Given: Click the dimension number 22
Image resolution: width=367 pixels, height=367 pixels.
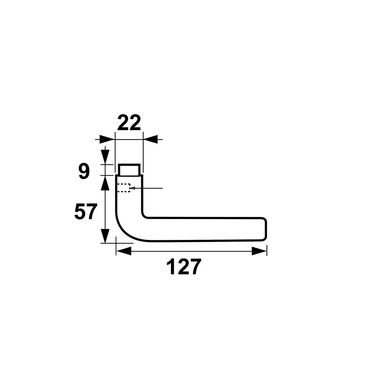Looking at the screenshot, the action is (129, 123).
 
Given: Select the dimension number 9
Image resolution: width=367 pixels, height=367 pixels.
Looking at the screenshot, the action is (84, 172).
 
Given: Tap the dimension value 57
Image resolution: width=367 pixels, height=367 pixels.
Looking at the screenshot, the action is (86, 211).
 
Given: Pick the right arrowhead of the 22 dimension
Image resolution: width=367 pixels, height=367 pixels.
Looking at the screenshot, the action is (150, 139).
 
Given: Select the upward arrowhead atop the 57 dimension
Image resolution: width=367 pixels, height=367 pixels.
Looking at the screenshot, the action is (105, 183).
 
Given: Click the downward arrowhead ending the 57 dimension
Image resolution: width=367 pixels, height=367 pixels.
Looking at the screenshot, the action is (105, 236).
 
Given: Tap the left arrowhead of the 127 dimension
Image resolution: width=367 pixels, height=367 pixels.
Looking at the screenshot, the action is (124, 251).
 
